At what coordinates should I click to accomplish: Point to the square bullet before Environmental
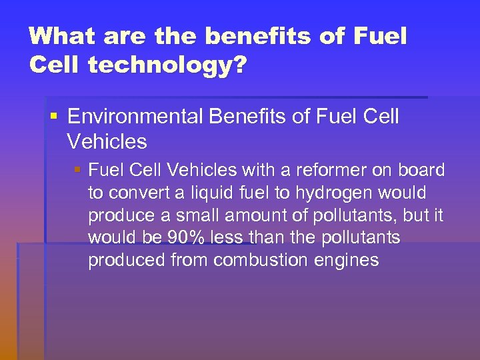(x=53, y=118)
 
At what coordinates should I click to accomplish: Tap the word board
(x=422, y=171)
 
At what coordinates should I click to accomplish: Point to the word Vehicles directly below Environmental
(x=107, y=141)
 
